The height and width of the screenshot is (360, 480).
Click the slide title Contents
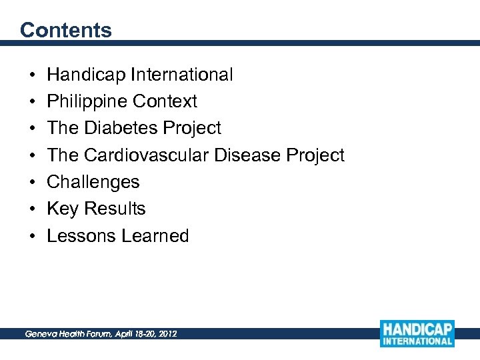click(65, 30)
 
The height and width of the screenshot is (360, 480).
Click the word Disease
click(247, 155)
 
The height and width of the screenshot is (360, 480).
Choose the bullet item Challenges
click(93, 182)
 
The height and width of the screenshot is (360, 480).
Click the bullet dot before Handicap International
click(33, 75)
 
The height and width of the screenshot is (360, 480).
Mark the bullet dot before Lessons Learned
click(33, 237)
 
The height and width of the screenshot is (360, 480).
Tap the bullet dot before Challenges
click(33, 183)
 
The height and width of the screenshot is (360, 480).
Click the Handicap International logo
click(417, 333)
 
